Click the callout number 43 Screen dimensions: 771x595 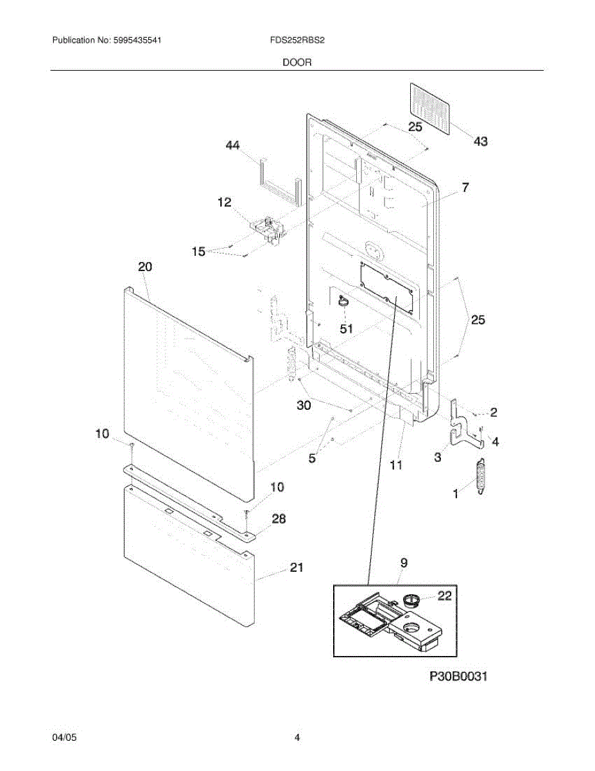(x=480, y=141)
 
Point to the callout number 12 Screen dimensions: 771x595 (x=224, y=203)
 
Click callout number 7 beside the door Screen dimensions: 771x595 (x=465, y=188)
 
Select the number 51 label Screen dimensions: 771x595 (x=346, y=329)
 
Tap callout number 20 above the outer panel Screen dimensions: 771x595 (x=145, y=267)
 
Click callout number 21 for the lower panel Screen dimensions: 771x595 (x=297, y=567)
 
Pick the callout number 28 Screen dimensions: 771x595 (x=279, y=519)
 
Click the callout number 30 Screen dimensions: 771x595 (x=303, y=405)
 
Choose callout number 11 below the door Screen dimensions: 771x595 (x=396, y=465)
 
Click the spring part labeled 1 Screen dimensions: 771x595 (x=481, y=477)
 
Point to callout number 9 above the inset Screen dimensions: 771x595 (x=404, y=563)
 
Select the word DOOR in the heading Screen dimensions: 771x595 (x=297, y=63)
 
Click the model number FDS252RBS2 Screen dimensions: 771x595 (x=297, y=40)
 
